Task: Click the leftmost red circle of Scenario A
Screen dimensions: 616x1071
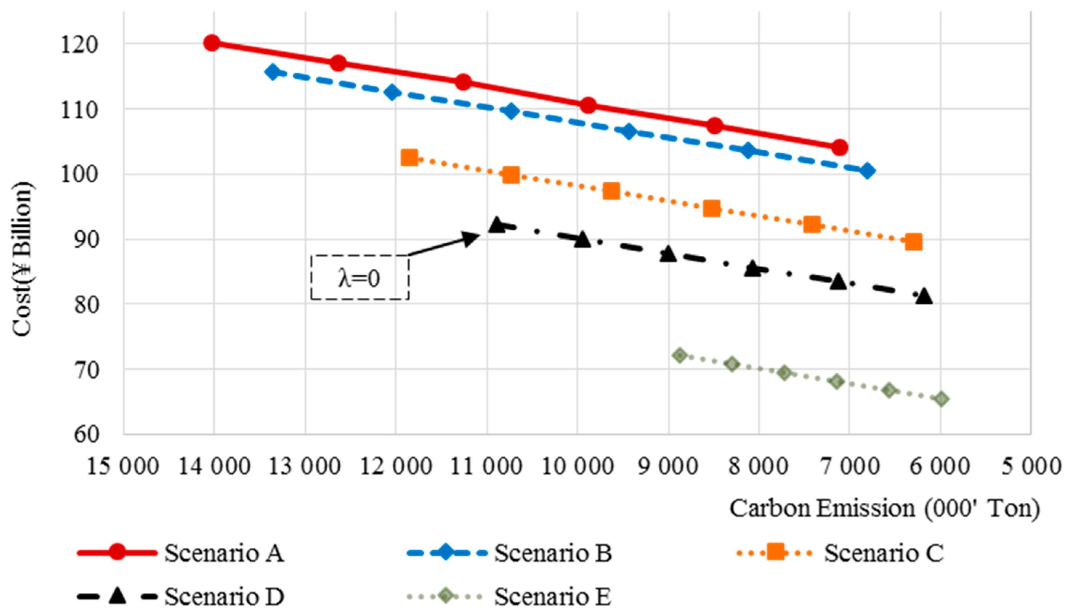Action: click(211, 43)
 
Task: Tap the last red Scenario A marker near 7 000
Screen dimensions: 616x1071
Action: click(840, 147)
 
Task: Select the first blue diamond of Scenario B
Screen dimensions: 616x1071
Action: click(273, 72)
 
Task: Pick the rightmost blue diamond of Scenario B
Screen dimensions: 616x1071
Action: click(866, 171)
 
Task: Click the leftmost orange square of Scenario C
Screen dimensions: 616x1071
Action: click(409, 157)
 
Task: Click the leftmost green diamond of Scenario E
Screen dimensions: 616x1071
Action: click(680, 355)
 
